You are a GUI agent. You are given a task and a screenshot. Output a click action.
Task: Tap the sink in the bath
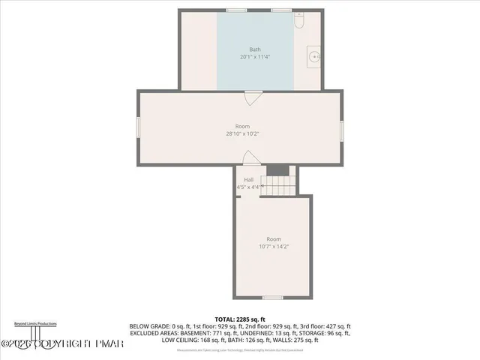pos(313,55)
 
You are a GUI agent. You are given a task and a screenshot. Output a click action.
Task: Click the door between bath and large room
pos(253,97)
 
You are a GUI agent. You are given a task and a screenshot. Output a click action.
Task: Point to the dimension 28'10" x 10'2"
pos(241,134)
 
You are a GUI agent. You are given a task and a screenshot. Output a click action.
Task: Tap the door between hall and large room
pos(250,157)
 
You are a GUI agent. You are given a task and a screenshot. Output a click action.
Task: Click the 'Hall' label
pos(247,179)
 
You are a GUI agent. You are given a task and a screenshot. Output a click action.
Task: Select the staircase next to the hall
pos(279,184)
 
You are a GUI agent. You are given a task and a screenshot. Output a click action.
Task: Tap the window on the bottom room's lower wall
pos(273,298)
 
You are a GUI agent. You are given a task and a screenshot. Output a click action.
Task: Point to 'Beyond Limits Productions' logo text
pos(35,323)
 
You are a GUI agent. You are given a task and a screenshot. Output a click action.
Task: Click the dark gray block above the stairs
pos(277,170)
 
